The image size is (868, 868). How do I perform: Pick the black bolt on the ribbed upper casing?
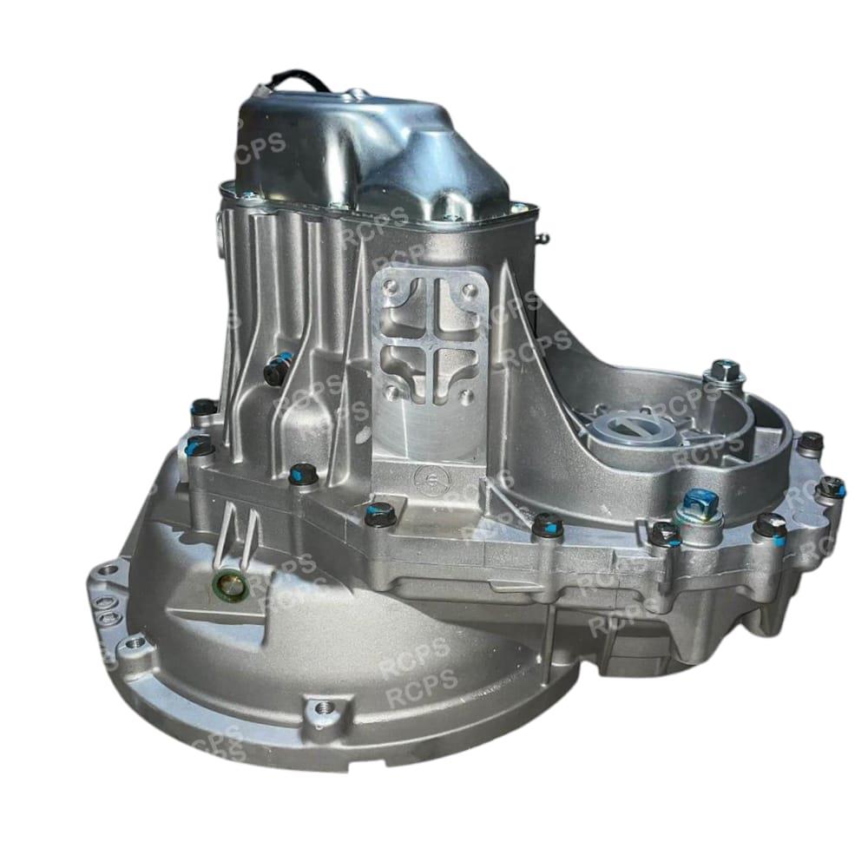(x=276, y=367)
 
